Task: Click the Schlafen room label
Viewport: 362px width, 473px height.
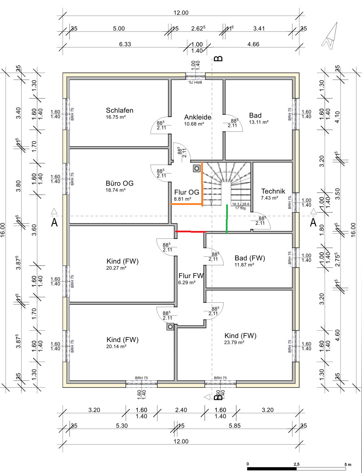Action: (x=120, y=110)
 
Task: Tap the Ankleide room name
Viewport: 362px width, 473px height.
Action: (x=198, y=117)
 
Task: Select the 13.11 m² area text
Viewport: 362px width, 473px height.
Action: (x=258, y=122)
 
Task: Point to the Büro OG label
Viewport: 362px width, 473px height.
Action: (x=120, y=183)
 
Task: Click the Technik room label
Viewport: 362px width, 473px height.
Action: (x=273, y=191)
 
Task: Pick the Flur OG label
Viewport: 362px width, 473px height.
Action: (x=187, y=192)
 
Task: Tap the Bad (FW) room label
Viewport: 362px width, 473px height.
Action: (x=250, y=258)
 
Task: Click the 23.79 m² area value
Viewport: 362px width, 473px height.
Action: (x=234, y=342)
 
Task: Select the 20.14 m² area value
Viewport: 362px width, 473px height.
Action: (x=116, y=346)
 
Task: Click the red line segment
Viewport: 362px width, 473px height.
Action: (x=191, y=231)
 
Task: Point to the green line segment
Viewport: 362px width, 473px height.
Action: (x=227, y=219)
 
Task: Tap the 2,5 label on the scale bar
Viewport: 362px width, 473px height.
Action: (x=296, y=464)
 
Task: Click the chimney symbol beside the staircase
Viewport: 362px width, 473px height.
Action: (x=197, y=169)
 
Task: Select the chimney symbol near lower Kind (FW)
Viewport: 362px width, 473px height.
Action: (x=170, y=327)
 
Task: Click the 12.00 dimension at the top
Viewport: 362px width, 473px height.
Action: (x=181, y=13)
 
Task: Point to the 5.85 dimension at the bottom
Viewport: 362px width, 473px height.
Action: (x=235, y=425)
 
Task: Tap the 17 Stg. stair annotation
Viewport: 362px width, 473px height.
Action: (x=241, y=208)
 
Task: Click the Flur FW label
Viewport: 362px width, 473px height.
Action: (x=191, y=276)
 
